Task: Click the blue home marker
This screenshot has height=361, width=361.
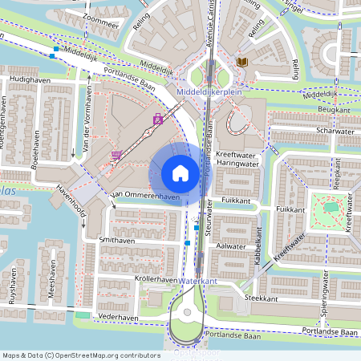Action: click(180, 172)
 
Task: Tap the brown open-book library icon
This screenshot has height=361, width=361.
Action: click(242, 62)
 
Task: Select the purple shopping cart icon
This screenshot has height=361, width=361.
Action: click(117, 156)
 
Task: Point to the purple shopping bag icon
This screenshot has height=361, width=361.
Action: click(158, 121)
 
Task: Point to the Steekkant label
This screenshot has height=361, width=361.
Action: click(261, 298)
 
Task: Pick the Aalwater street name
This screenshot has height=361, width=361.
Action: click(231, 247)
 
